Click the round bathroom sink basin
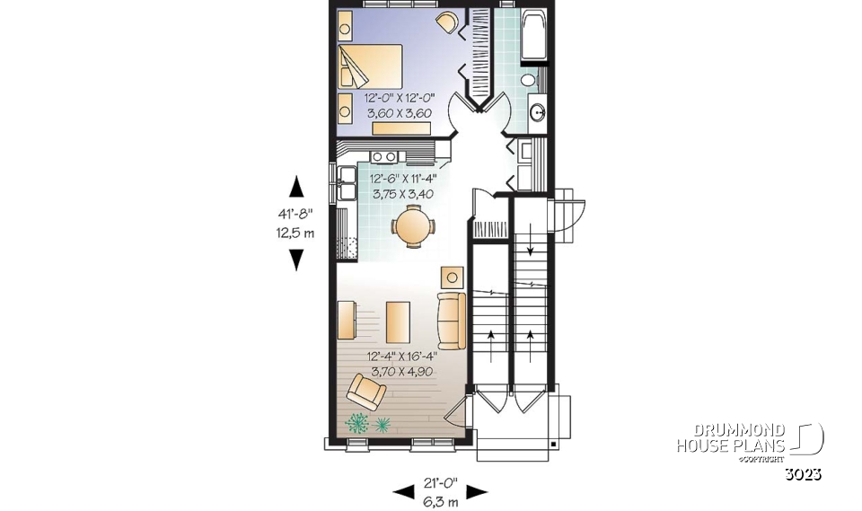pos(537,113)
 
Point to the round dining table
pos(415,225)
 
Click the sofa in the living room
pos(451,320)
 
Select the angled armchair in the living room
pos(366,392)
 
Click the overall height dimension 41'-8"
pos(295,215)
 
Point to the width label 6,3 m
pos(440,501)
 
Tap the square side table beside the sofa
pos(453,275)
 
